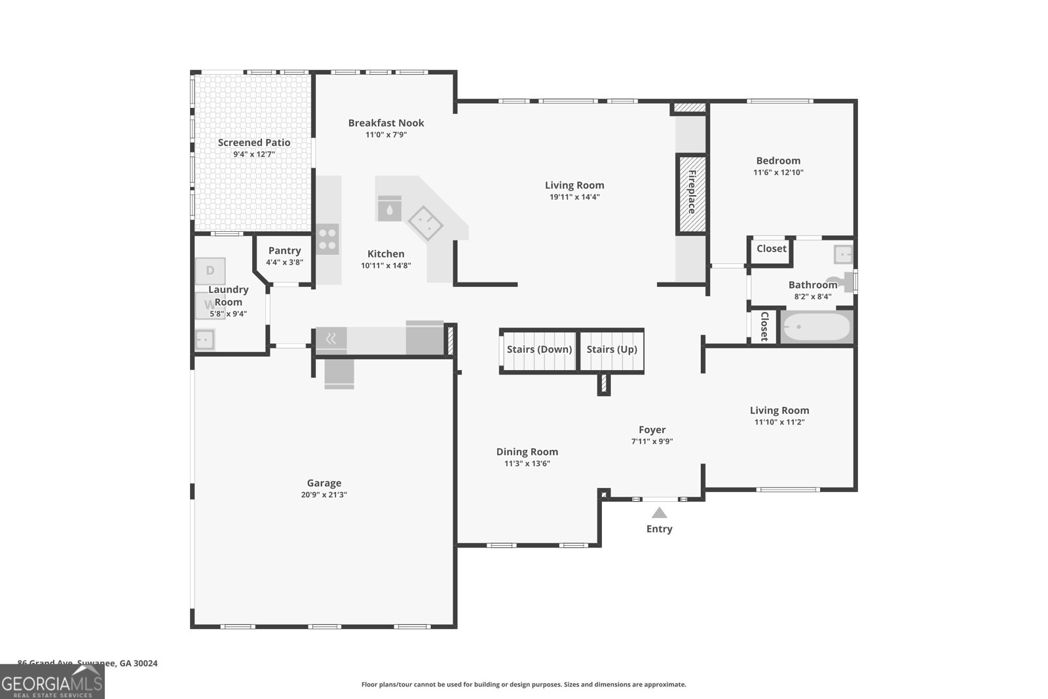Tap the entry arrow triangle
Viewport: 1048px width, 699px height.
(659, 513)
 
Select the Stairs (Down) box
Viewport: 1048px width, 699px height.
(539, 350)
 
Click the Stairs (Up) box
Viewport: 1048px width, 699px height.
(612, 350)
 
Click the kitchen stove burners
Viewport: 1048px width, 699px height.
(327, 239)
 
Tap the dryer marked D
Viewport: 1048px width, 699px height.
(210, 271)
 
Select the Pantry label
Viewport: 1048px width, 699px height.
(284, 250)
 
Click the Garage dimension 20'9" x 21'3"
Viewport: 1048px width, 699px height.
(324, 495)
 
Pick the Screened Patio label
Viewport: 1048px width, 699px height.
(254, 142)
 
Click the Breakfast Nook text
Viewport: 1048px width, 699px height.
(386, 123)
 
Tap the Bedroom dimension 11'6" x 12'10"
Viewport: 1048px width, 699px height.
(778, 173)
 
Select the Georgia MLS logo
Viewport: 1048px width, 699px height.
(52, 681)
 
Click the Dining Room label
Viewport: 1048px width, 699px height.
(527, 451)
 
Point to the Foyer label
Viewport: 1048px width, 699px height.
(652, 430)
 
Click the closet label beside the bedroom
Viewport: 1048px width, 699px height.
(771, 249)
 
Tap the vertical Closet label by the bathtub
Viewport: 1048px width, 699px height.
(764, 326)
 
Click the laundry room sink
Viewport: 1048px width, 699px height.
(205, 339)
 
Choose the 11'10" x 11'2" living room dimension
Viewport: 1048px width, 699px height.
(779, 423)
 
